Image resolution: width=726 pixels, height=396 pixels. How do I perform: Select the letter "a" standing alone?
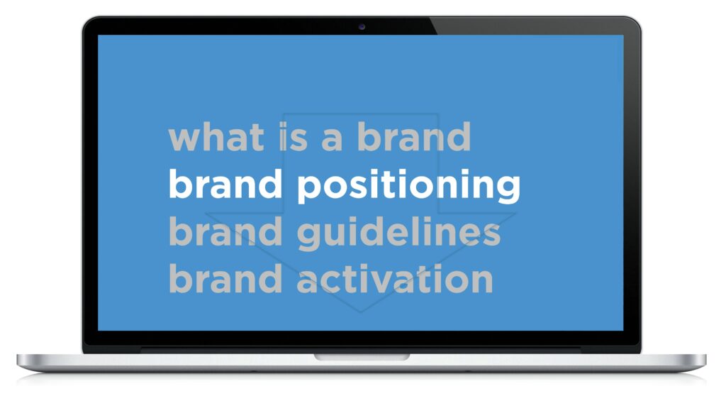[x=332, y=140]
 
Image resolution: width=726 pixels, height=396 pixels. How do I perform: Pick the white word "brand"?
[x=225, y=184]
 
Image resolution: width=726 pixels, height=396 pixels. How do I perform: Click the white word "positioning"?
[x=408, y=186]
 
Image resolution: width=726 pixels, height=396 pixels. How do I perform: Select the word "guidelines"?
[x=398, y=233]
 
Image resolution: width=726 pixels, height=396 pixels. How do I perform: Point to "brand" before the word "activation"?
[x=225, y=278]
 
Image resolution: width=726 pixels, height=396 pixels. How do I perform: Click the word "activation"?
[x=395, y=279]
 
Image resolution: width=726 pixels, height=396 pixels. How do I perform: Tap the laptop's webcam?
[x=362, y=27]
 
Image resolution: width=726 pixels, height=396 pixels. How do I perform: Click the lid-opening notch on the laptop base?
[x=362, y=357]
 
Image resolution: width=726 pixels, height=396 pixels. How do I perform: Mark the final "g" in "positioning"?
[x=508, y=190]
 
